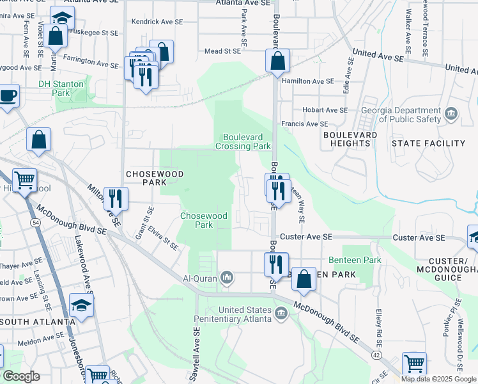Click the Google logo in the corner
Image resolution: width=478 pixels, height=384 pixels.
[20, 376]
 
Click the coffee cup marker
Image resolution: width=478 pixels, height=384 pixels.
[8, 96]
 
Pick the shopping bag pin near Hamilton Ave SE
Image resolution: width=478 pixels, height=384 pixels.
[278, 62]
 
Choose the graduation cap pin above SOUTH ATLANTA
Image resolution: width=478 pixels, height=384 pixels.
[81, 306]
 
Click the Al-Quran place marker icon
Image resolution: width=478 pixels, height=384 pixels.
[226, 278]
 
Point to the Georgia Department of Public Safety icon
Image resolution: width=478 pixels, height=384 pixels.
[451, 114]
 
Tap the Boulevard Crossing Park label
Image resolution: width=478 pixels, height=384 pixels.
[247, 141]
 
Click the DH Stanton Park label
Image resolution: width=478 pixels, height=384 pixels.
[61, 88]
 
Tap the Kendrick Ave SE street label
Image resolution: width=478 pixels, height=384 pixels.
[157, 22]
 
